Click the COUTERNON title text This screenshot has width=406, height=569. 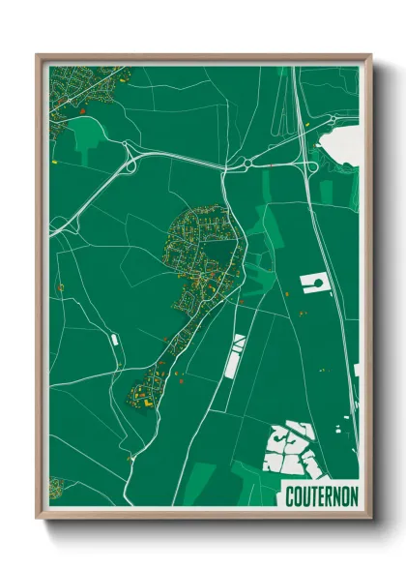[x=322, y=495]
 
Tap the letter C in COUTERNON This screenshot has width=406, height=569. [x=290, y=495]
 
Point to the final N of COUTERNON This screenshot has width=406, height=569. [x=354, y=495]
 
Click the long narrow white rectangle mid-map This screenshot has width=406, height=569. [x=233, y=358]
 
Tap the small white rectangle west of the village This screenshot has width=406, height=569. [x=115, y=340]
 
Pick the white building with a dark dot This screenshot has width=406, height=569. [x=315, y=283]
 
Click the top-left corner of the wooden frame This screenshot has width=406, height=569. [x=39, y=56]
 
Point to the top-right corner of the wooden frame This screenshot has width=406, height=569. [x=370, y=56]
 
